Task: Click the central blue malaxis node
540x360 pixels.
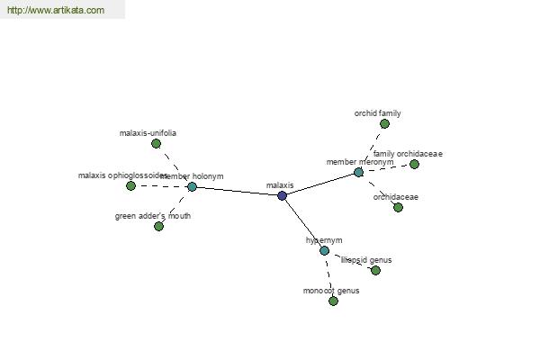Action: (282, 195)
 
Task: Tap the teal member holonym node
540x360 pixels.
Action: (192, 187)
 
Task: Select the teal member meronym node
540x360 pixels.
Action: (358, 172)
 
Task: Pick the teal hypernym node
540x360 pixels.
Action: (324, 250)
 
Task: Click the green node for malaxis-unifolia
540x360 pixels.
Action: (156, 143)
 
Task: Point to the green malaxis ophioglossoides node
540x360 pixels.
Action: (130, 186)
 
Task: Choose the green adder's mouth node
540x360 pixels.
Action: (158, 226)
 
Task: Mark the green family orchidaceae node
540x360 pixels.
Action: (414, 164)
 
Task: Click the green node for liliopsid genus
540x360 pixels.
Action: (375, 270)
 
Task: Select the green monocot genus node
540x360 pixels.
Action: (333, 301)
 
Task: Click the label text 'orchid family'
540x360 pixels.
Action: (377, 113)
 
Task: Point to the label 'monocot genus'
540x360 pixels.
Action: (330, 291)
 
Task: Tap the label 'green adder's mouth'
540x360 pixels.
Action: (153, 216)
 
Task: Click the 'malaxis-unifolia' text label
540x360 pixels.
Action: (148, 133)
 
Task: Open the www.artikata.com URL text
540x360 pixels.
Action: (55, 11)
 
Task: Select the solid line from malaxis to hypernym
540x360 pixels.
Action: (303, 223)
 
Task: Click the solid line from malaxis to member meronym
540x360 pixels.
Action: (320, 184)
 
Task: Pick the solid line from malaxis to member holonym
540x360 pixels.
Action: (237, 191)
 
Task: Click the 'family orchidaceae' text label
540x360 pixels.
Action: (408, 154)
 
